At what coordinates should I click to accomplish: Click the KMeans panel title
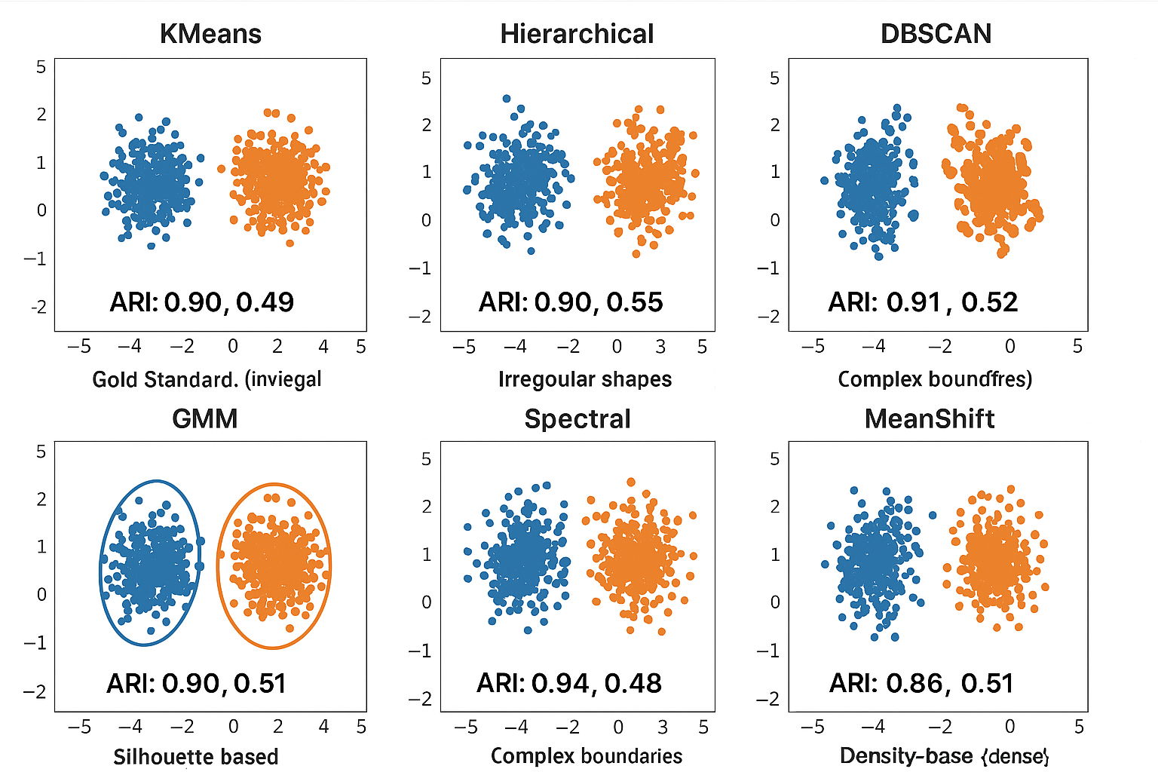pyautogui.click(x=210, y=34)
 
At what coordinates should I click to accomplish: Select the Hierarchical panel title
pyautogui.click(x=577, y=34)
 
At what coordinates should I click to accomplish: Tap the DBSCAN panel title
pyautogui.click(x=936, y=34)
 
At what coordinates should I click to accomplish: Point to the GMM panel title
pyautogui.click(x=204, y=418)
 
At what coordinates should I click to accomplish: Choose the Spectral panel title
pyautogui.click(x=577, y=418)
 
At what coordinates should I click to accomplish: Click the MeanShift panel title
pyautogui.click(x=930, y=418)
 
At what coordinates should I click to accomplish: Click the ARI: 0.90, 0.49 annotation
pyautogui.click(x=201, y=302)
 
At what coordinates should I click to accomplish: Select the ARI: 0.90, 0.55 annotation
pyautogui.click(x=571, y=302)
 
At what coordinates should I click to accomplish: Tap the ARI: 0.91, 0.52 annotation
pyautogui.click(x=923, y=302)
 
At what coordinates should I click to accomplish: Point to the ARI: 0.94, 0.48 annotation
pyautogui.click(x=569, y=683)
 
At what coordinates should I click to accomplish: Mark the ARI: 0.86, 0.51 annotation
pyautogui.click(x=921, y=683)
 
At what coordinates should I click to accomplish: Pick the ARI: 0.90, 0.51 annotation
pyautogui.click(x=196, y=684)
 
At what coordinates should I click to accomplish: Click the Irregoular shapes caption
pyautogui.click(x=585, y=378)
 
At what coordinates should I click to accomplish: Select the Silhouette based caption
pyautogui.click(x=196, y=756)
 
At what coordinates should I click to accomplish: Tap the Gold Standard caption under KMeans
pyautogui.click(x=207, y=378)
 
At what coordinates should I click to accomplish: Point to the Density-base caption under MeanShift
pyautogui.click(x=944, y=755)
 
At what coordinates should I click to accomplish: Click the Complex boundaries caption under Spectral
pyautogui.click(x=587, y=755)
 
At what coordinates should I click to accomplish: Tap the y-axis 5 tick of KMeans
pyautogui.click(x=41, y=67)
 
